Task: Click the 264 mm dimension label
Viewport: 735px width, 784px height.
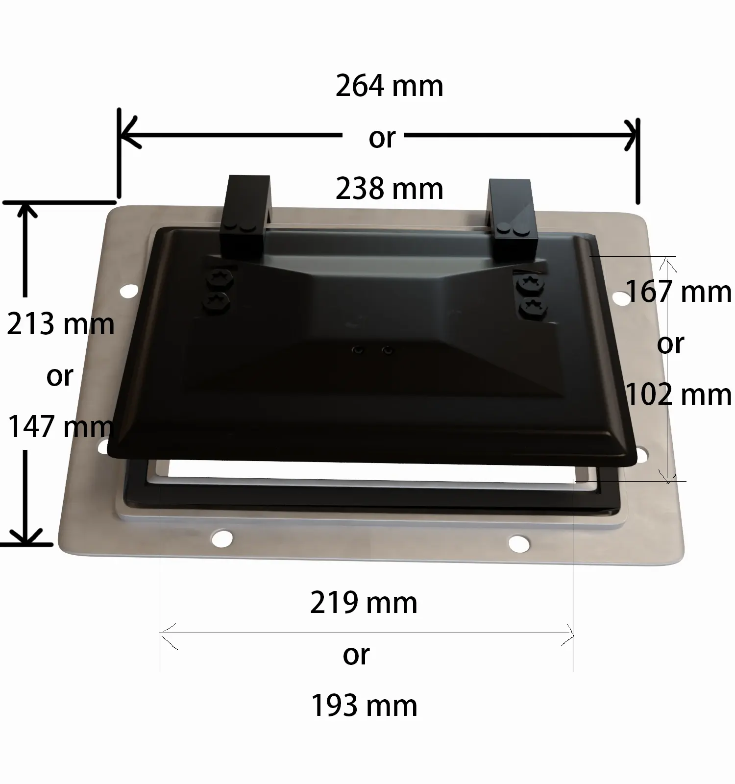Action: (x=390, y=86)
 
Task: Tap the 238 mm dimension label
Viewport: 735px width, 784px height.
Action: (x=390, y=189)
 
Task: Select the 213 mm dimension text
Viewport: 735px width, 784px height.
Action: (x=61, y=324)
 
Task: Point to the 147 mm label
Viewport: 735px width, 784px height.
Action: (x=61, y=426)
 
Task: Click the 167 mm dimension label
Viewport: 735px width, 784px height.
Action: (x=679, y=292)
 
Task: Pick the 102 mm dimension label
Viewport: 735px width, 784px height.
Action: (x=679, y=395)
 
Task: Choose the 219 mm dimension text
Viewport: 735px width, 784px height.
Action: (x=364, y=603)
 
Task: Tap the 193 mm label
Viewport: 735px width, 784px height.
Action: (x=364, y=706)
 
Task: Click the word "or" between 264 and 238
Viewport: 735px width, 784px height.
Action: (x=382, y=138)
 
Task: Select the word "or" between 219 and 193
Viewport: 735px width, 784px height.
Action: (x=356, y=655)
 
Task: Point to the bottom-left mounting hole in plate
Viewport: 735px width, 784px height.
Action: (x=222, y=538)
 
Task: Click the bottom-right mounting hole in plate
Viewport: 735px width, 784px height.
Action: (x=519, y=543)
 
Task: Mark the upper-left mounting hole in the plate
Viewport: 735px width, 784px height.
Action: (x=129, y=291)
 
